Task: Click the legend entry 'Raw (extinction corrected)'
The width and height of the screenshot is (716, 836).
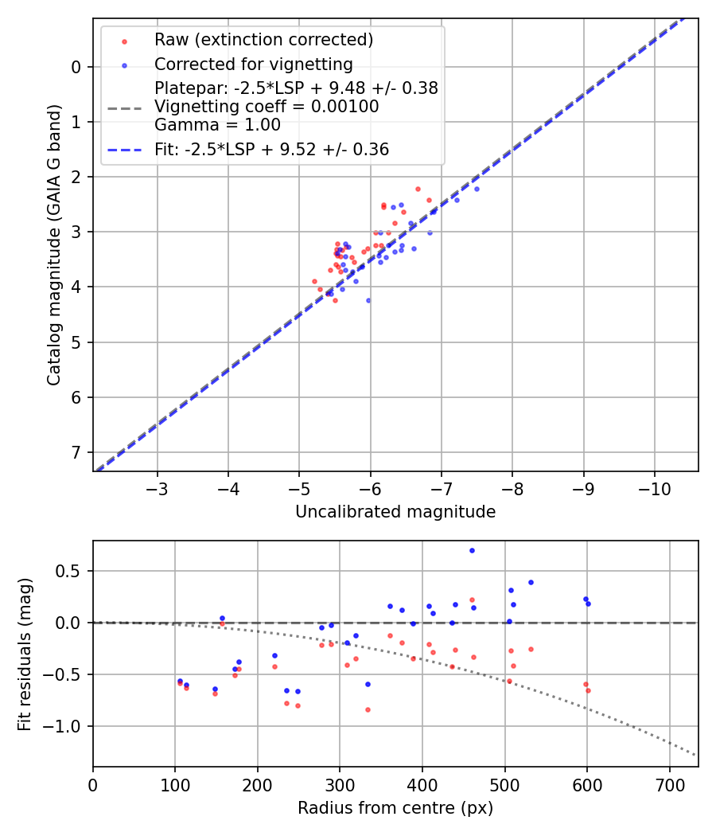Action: tap(263, 40)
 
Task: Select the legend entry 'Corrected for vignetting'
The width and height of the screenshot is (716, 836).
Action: tap(253, 64)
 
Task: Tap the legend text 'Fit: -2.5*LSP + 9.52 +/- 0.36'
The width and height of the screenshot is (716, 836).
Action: tap(271, 149)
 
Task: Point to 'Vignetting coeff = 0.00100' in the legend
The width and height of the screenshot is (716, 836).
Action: tap(267, 106)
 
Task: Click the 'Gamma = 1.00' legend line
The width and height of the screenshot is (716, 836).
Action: tap(217, 124)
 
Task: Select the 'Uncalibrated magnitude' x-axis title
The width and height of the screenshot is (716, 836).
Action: tap(395, 512)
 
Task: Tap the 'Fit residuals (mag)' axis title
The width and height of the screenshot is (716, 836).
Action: tap(25, 653)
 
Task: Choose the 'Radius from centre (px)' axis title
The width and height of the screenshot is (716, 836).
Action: tap(395, 808)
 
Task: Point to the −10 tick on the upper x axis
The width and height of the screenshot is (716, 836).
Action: tap(654, 488)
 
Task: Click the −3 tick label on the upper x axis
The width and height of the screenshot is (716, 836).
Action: tap(157, 488)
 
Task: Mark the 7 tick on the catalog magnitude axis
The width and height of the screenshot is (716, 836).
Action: tap(77, 452)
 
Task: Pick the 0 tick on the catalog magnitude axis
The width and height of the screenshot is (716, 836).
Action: tap(77, 67)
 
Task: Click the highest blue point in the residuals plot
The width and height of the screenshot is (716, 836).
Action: tap(472, 550)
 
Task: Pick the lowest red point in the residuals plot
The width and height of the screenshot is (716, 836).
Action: tap(368, 709)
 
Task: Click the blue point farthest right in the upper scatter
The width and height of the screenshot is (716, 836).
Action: tap(477, 189)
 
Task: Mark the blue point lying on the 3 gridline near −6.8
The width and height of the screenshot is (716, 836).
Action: tap(430, 232)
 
